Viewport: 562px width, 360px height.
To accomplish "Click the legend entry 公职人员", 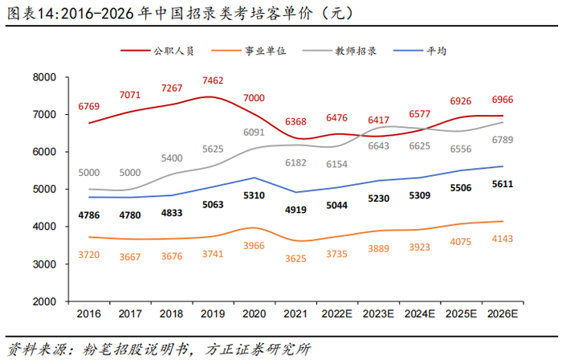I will coord(170,51).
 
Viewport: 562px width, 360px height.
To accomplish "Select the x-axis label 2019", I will coord(212,313).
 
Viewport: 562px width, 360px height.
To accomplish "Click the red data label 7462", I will coord(213,81).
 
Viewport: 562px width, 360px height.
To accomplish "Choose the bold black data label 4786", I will coord(88,215).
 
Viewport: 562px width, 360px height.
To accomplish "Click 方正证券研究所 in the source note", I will coord(258,349).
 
